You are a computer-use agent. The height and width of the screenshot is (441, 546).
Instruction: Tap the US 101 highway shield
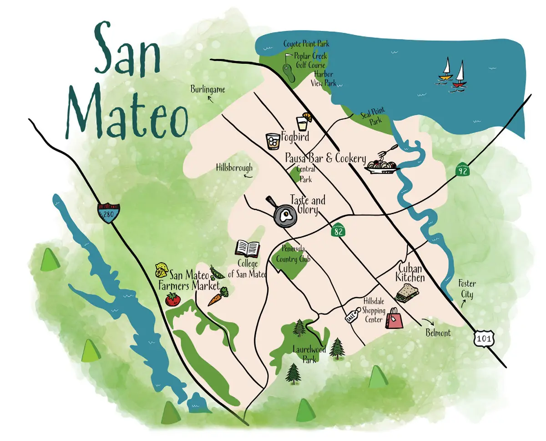coord(481,338)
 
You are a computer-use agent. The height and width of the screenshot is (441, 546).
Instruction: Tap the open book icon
coord(248,248)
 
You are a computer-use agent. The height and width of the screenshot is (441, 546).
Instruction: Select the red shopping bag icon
coord(394,318)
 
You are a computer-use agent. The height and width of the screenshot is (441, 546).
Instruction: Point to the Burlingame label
coord(208,89)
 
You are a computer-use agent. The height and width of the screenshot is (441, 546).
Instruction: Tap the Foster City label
coord(466,289)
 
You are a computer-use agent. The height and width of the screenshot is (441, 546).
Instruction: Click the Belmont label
coord(438,333)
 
